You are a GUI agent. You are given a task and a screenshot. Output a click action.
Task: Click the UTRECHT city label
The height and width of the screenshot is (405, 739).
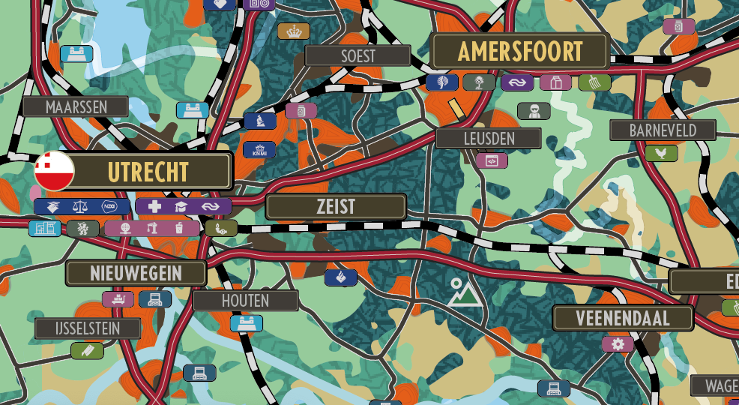pos(148,172)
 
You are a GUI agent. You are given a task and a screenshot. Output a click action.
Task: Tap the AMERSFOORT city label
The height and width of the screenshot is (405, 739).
pos(519,52)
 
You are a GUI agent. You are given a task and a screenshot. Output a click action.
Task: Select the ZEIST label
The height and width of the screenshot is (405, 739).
pos(336,207)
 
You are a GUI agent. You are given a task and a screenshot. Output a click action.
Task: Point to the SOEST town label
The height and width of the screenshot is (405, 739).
pos(358,55)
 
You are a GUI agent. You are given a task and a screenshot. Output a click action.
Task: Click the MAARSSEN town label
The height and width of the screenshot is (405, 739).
pos(76,106)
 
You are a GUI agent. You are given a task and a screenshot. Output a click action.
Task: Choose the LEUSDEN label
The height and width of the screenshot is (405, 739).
pos(488,138)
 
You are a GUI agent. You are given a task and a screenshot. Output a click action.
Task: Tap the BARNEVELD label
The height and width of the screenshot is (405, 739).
pos(662,130)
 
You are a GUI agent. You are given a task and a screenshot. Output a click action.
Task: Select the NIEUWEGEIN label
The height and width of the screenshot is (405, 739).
pos(136,273)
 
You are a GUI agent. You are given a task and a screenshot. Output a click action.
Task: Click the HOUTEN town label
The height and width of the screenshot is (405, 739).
pos(245,301)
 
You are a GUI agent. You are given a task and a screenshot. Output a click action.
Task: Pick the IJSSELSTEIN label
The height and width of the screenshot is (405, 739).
pos(88,328)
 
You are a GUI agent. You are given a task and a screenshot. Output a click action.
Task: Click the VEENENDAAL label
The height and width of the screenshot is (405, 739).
pos(622,318)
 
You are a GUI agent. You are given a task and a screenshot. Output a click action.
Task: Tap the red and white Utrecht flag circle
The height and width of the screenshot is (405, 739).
pos(54,171)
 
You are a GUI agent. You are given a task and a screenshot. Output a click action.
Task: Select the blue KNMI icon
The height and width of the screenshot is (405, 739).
pos(259,149)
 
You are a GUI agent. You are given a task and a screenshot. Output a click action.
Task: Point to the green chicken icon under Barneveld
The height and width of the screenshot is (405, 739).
pos(661,153)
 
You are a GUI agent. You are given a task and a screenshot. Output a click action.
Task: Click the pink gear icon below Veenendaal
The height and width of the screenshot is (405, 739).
pos(618,343)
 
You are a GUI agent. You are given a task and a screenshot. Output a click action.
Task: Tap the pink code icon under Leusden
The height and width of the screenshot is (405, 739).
pos(492,160)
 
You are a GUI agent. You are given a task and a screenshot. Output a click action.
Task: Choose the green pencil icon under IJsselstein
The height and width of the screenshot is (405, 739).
pos(87,350)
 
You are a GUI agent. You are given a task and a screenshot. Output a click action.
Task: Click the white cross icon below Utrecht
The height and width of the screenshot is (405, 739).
pos(154,206)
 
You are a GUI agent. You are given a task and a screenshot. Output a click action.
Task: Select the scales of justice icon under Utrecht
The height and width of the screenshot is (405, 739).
pos(80,206)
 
